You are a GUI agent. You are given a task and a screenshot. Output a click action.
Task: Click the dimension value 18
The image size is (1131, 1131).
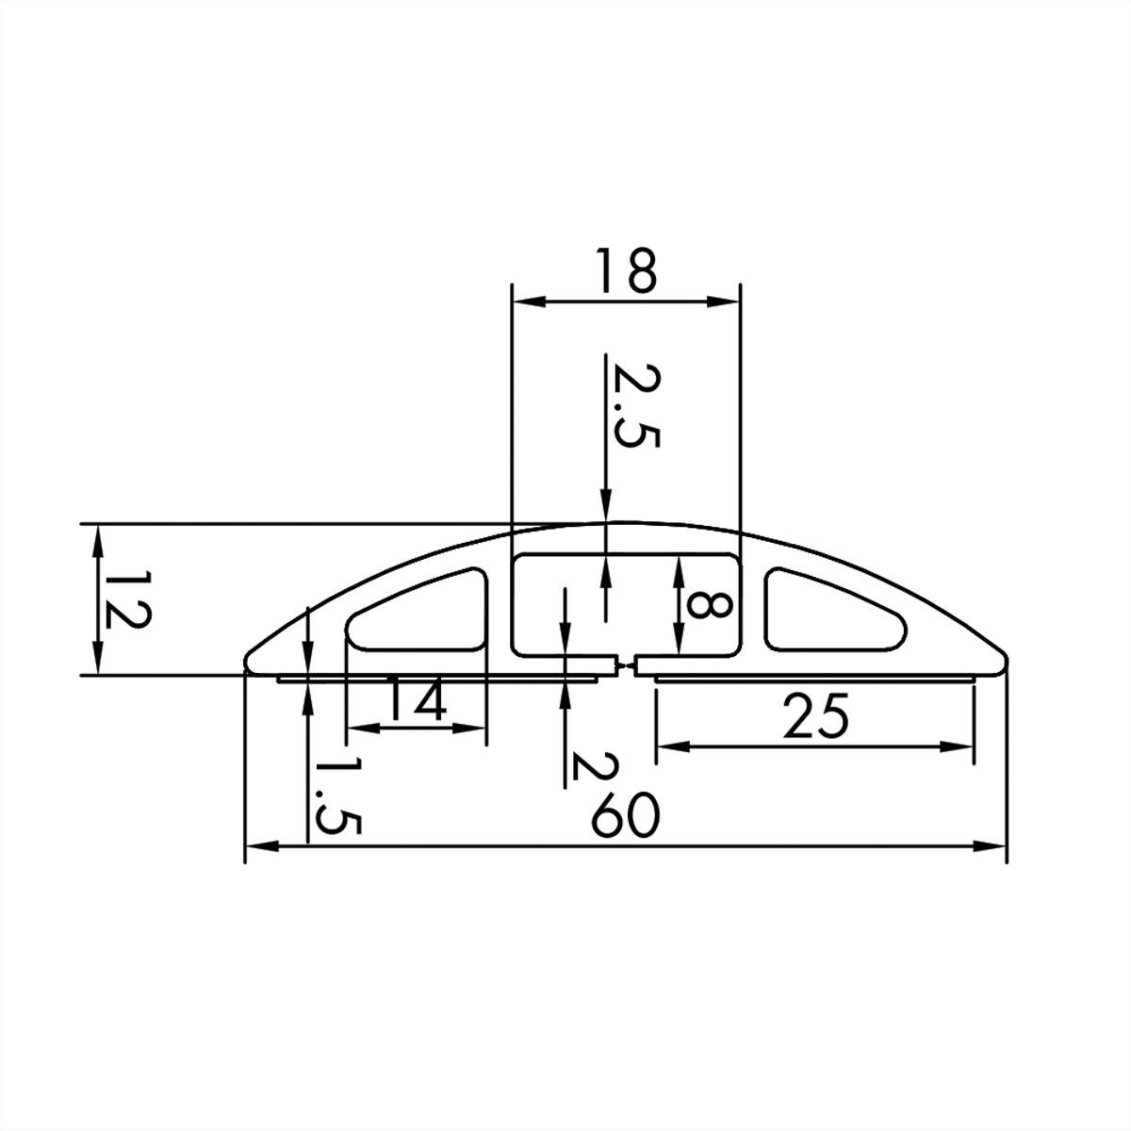tap(625, 271)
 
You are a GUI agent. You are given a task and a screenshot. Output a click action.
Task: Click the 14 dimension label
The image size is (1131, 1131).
tap(416, 700)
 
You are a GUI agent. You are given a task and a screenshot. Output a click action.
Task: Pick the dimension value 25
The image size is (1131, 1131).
tap(814, 718)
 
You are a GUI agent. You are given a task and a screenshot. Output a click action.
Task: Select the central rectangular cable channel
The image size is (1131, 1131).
tap(625, 603)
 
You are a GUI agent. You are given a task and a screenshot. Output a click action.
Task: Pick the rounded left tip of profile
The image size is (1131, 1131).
tap(251, 660)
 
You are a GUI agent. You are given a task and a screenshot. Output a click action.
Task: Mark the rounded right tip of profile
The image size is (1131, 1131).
tap(1001, 660)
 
